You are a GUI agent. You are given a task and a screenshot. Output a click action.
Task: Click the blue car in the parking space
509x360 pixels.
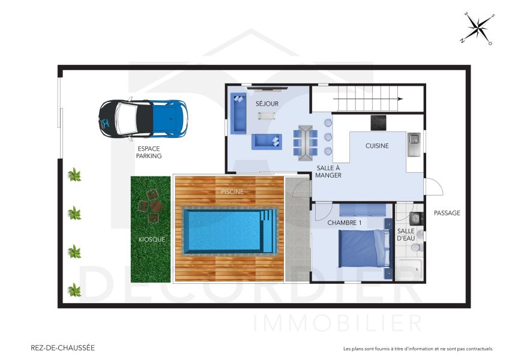pos(143,116)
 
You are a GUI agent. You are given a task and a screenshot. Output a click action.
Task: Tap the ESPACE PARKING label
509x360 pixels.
pos(149,152)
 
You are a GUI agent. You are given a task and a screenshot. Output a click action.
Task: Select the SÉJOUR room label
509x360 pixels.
pos(267,104)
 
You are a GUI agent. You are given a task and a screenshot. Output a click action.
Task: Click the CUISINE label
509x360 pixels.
pos(377,146)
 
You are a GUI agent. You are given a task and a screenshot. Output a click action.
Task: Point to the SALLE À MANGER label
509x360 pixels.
pos(329,172)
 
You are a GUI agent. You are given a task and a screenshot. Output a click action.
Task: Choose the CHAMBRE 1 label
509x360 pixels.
pos(345,223)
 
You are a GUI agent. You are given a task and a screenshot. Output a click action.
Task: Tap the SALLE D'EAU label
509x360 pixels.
pos(406,235)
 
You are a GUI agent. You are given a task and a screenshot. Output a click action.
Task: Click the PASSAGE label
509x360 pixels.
pos(447,212)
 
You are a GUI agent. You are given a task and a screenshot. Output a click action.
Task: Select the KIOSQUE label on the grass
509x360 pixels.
pos(151,239)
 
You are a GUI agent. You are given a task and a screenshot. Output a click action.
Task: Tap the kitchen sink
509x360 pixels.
pos(414,145)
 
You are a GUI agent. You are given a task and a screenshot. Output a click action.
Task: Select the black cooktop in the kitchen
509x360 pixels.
pos(379,122)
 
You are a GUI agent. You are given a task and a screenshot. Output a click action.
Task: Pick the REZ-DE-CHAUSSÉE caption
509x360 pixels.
pos(62,347)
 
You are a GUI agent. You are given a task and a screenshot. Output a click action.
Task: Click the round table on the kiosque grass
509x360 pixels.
pos(156,206)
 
